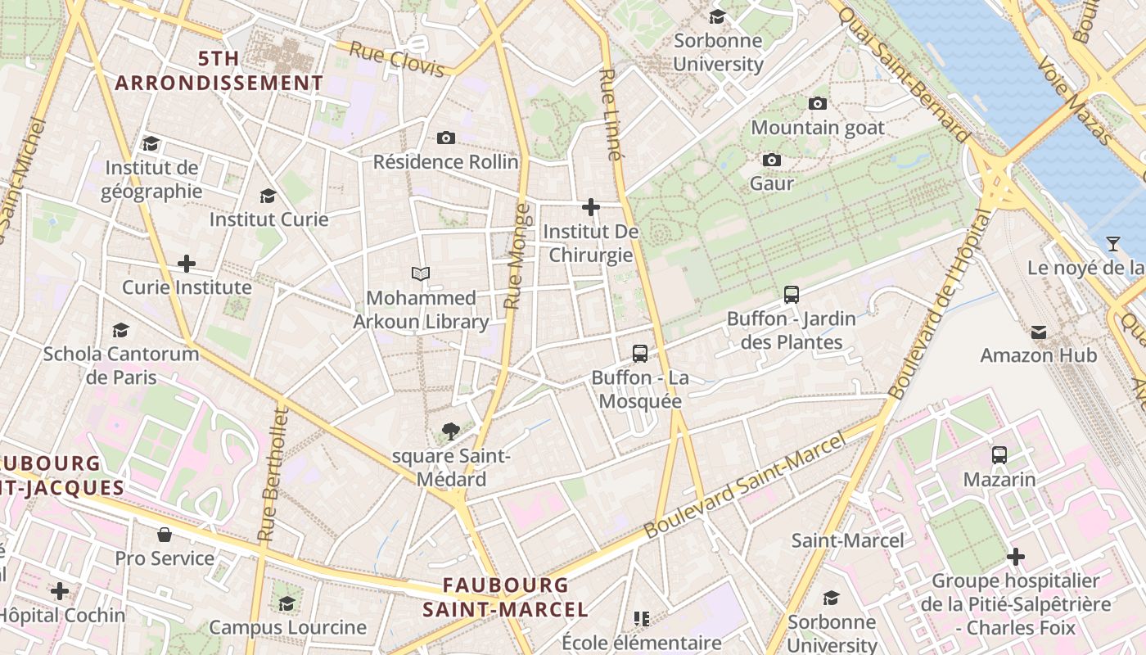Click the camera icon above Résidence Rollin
coord(445,138)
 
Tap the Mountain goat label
coord(817,128)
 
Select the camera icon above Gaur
coord(771,160)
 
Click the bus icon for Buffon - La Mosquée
coord(640,354)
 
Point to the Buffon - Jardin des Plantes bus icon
coord(791,294)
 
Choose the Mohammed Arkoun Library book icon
coord(421,273)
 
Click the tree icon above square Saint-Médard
coord(450,431)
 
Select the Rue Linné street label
coord(609,114)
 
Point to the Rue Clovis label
coord(396,59)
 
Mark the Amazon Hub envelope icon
coord(1038,332)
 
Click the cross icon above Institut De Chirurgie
coord(591,207)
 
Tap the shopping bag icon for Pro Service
coord(165,535)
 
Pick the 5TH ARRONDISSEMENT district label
coord(219,70)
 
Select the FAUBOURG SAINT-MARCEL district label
coord(505,597)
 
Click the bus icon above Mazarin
coord(999,455)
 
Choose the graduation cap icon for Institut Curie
coord(268,196)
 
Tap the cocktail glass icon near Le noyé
coord(1112,243)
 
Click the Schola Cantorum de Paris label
coord(120,365)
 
